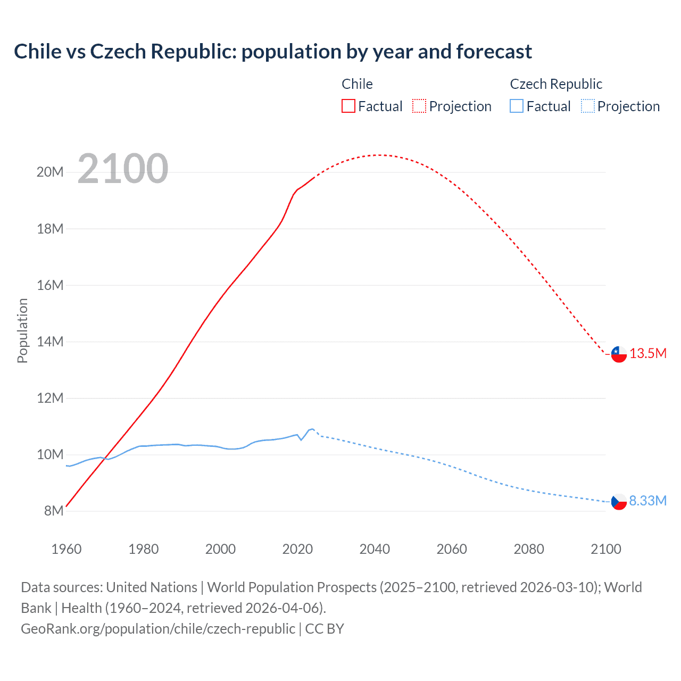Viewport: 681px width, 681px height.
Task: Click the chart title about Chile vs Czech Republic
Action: (272, 52)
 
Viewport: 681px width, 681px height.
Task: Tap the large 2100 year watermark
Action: (123, 169)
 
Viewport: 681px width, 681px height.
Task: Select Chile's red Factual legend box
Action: (348, 106)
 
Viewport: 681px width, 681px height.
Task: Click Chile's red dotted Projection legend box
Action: (419, 106)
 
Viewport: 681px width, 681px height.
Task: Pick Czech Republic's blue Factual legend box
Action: (516, 106)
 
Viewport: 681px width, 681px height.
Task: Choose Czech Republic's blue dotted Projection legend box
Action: (587, 106)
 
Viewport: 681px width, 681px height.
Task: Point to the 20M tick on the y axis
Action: (50, 172)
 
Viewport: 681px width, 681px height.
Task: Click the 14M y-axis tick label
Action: (50, 342)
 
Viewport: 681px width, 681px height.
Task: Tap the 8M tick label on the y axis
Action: (54, 511)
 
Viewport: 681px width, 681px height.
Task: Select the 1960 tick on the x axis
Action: (67, 549)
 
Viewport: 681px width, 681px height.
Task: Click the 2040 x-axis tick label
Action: (375, 549)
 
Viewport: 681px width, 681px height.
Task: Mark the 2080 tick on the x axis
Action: (529, 549)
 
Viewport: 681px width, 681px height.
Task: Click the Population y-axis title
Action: (22, 330)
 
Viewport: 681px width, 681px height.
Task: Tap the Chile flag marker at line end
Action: (619, 354)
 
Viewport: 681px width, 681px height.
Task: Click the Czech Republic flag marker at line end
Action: (619, 501)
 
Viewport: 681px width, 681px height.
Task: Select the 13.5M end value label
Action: (648, 354)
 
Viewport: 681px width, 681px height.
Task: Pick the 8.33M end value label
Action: (648, 501)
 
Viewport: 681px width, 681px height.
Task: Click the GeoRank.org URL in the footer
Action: (158, 629)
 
